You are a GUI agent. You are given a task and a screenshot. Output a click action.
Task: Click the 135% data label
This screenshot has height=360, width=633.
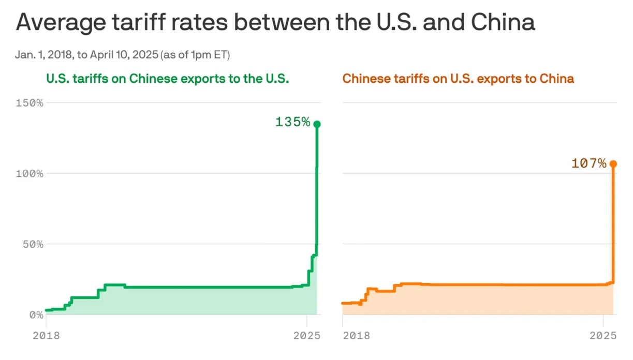(x=292, y=122)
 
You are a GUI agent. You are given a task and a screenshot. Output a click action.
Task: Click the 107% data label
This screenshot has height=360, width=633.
(x=588, y=163)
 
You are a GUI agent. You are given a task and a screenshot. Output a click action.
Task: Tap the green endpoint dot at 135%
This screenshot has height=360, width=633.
(x=317, y=124)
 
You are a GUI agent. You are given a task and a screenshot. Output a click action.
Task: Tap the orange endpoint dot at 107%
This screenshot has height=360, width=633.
(x=613, y=164)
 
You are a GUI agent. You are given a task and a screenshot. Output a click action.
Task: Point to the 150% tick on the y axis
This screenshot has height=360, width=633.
(x=30, y=102)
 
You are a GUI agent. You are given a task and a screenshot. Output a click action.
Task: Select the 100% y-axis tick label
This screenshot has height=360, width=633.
(x=30, y=173)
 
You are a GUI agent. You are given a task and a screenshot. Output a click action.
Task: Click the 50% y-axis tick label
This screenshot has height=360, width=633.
(x=32, y=244)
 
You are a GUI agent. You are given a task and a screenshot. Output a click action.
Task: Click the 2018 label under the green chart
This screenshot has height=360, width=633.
(x=46, y=335)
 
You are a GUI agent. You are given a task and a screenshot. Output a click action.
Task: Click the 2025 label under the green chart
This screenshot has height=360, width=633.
(x=307, y=335)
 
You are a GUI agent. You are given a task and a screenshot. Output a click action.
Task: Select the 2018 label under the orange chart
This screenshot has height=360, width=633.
(x=356, y=335)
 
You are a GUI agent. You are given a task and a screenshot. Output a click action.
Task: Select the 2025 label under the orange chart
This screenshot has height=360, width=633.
(x=603, y=335)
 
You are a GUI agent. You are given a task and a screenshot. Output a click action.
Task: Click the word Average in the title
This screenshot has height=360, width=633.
(x=63, y=23)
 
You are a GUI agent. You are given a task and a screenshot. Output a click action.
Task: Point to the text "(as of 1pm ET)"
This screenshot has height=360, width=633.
(x=195, y=55)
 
